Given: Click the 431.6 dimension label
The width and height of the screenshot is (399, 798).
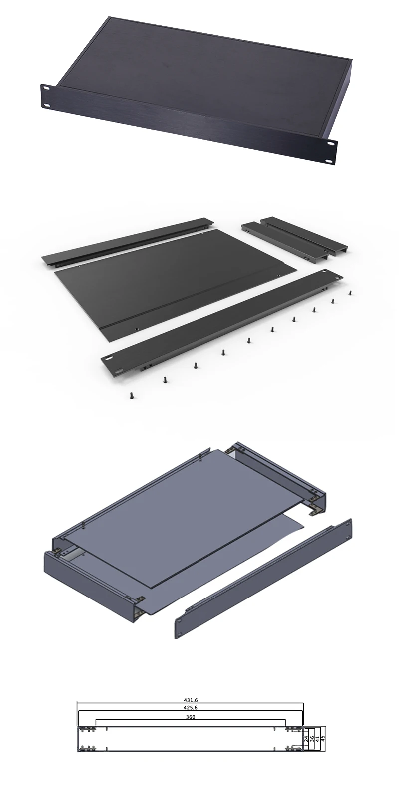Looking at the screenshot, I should [x=191, y=700].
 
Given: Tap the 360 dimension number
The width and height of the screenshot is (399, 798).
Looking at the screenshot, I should [x=191, y=717].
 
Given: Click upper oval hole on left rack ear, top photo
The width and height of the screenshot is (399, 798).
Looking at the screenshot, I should [x=46, y=88].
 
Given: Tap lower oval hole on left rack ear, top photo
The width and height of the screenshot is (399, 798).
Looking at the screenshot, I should [x=48, y=105].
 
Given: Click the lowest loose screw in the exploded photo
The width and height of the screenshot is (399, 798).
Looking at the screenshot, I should [x=132, y=397].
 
